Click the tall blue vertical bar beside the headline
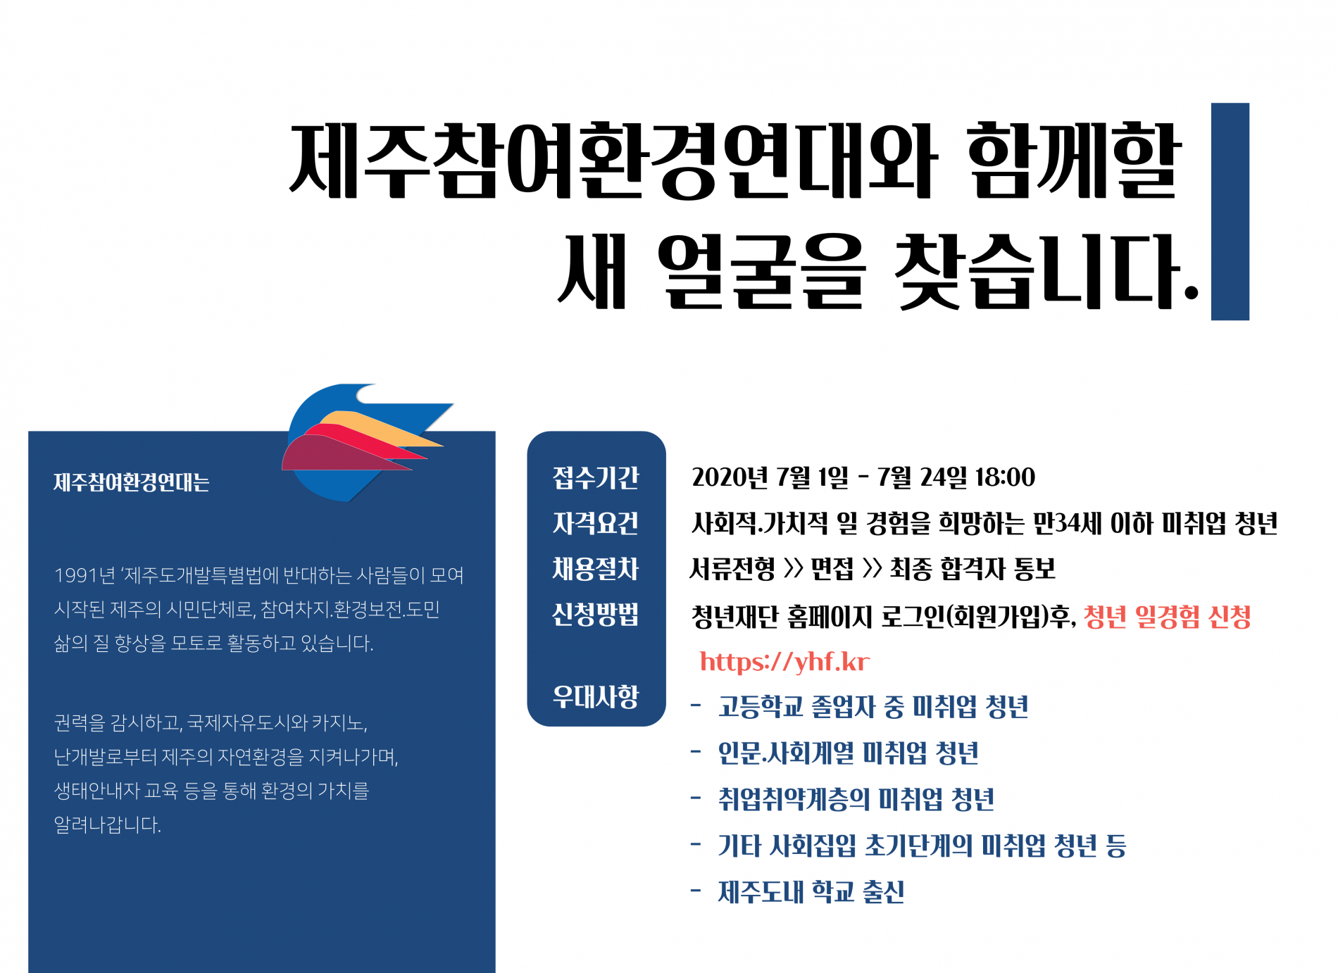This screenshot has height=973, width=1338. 1230,211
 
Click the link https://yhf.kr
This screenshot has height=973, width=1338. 784,662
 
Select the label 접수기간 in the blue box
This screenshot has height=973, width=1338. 596,478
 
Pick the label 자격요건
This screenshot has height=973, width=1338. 596,523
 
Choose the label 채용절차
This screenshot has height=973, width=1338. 596,568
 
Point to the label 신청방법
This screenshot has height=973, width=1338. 596,614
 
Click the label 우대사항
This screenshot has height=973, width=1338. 596,696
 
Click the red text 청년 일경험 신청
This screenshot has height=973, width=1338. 1168,617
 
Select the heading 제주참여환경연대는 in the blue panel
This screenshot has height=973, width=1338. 132,482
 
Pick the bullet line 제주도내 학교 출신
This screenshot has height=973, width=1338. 811,892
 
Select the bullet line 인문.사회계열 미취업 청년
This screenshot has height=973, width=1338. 849,753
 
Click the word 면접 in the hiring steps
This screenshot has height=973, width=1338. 832,569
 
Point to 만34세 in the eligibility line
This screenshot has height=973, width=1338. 1068,523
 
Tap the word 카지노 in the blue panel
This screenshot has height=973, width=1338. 338,722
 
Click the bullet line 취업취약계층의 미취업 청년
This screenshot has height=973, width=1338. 856,799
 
